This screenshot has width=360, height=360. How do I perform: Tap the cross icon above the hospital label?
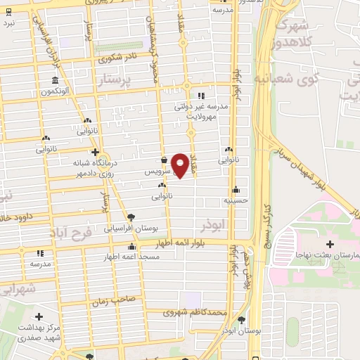(x=330, y=243)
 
